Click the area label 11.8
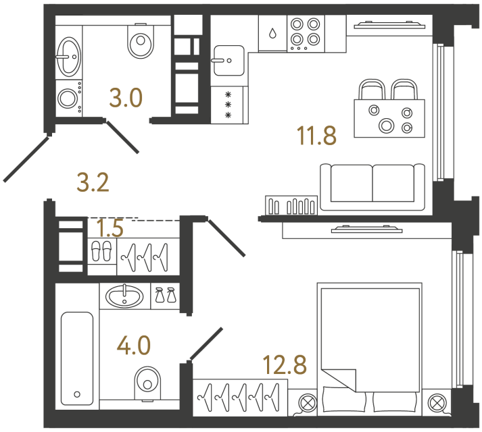[316, 136]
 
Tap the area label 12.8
[285, 364]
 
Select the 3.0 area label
[126, 98]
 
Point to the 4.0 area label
[134, 346]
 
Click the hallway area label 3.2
[93, 183]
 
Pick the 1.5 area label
[110, 228]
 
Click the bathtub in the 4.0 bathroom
[77, 358]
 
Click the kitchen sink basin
[228, 61]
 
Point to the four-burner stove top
[306, 33]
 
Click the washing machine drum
[68, 99]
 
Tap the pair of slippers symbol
[101, 251]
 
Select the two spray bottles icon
[166, 295]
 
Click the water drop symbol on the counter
[272, 33]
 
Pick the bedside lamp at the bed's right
[437, 403]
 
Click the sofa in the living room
[372, 187]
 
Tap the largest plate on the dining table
[387, 126]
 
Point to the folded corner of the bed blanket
[339, 381]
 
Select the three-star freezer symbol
[228, 105]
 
